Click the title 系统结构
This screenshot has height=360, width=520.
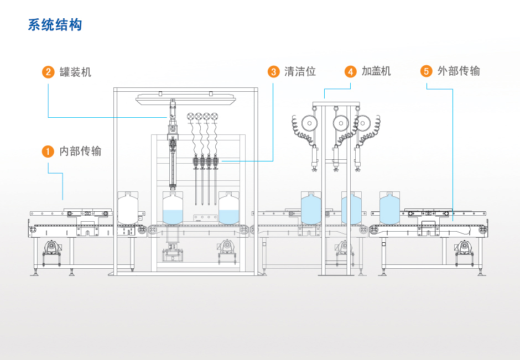[x=55, y=25]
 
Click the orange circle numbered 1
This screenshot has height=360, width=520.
[x=48, y=151]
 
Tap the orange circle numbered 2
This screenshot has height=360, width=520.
[x=48, y=72]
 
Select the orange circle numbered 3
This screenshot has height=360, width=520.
[x=273, y=72]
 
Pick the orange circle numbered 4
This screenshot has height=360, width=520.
[x=350, y=72]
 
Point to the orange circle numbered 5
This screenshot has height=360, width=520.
[x=426, y=71]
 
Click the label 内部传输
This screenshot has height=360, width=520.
[x=81, y=151]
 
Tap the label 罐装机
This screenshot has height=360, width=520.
[x=76, y=72]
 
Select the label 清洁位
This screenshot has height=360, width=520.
[x=300, y=71]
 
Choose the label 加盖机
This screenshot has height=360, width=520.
[x=376, y=71]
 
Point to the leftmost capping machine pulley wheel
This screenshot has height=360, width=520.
[x=310, y=123]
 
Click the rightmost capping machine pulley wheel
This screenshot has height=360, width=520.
[x=363, y=123]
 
